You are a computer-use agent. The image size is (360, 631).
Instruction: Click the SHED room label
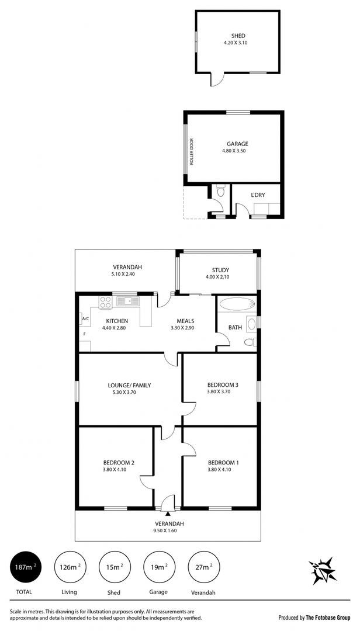pos(238,36)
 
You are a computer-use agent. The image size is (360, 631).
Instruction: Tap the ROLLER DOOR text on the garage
pos(192,152)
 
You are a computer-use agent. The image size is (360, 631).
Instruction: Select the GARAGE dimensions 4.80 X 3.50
pos(237,151)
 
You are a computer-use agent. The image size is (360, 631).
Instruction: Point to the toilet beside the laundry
pos(220,191)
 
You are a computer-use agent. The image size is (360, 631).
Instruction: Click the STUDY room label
pos(220,270)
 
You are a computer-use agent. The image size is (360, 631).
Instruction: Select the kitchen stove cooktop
pos(106,302)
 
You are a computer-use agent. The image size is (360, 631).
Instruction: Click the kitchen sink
pos(127,301)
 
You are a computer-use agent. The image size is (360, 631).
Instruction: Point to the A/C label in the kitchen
pos(85,319)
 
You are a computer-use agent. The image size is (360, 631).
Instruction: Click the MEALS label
pos(186,321)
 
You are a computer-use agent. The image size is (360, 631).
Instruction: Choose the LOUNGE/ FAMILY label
pos(126,385)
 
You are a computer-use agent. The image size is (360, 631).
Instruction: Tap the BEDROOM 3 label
pos(223,384)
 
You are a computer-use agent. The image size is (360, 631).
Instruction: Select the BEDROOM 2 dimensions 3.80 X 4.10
pos(115,469)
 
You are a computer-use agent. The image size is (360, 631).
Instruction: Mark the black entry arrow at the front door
pos(168,513)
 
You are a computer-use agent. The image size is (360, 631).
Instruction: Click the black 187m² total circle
pos(26,567)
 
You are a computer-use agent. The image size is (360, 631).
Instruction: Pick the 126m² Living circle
pos(70,567)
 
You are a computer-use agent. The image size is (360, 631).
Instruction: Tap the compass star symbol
pos(323,570)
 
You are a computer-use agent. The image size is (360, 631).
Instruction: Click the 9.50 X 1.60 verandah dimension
pos(167,531)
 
